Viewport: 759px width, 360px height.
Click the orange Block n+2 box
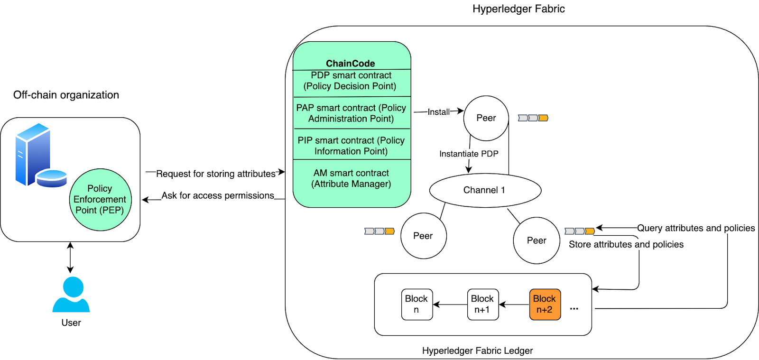click(545, 305)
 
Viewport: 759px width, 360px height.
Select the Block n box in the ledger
click(417, 305)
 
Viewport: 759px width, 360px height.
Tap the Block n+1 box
click(482, 305)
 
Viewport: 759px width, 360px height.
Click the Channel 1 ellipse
click(485, 190)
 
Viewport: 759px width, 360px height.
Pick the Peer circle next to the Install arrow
click(486, 118)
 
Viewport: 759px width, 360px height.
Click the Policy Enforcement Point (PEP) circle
click(100, 200)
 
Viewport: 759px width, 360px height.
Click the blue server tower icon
click(32, 154)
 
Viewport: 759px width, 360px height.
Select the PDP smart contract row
click(351, 81)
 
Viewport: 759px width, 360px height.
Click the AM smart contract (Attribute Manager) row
click(351, 179)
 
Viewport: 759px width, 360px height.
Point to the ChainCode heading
click(351, 64)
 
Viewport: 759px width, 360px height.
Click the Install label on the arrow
click(438, 112)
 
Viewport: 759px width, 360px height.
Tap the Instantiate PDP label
click(469, 154)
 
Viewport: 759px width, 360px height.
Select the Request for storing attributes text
click(216, 174)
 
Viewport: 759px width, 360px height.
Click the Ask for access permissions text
click(218, 195)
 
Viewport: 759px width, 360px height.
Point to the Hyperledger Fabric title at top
click(518, 9)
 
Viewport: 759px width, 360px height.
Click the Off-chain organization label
click(66, 95)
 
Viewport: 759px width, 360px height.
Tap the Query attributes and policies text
click(695, 228)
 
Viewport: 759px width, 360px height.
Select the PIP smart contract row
click(351, 146)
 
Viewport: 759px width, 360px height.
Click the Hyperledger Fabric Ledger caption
click(477, 351)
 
